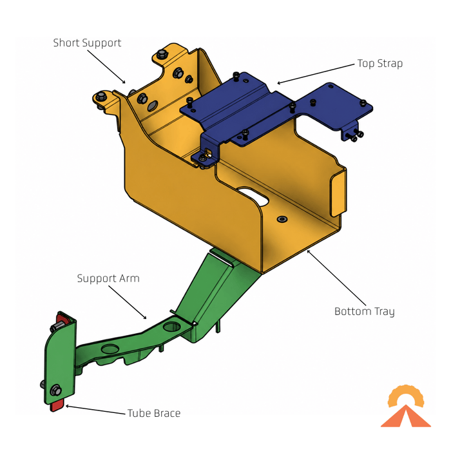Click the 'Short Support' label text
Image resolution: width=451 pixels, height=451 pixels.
pos(87,43)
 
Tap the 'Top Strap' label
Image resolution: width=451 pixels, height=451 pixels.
pos(379,64)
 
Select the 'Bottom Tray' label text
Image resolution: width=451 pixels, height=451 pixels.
pos(365,311)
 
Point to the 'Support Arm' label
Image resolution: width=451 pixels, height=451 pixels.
pos(108,278)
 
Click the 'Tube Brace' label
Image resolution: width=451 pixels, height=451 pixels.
pos(154,414)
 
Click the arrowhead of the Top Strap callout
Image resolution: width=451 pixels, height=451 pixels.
pos(278,83)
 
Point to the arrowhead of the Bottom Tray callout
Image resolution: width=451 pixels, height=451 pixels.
pos(309,251)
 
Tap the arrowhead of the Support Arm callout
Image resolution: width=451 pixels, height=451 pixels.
pos(145,318)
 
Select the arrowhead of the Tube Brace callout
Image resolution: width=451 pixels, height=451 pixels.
pos(67,406)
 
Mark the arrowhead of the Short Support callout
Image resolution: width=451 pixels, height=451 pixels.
pos(124,82)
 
